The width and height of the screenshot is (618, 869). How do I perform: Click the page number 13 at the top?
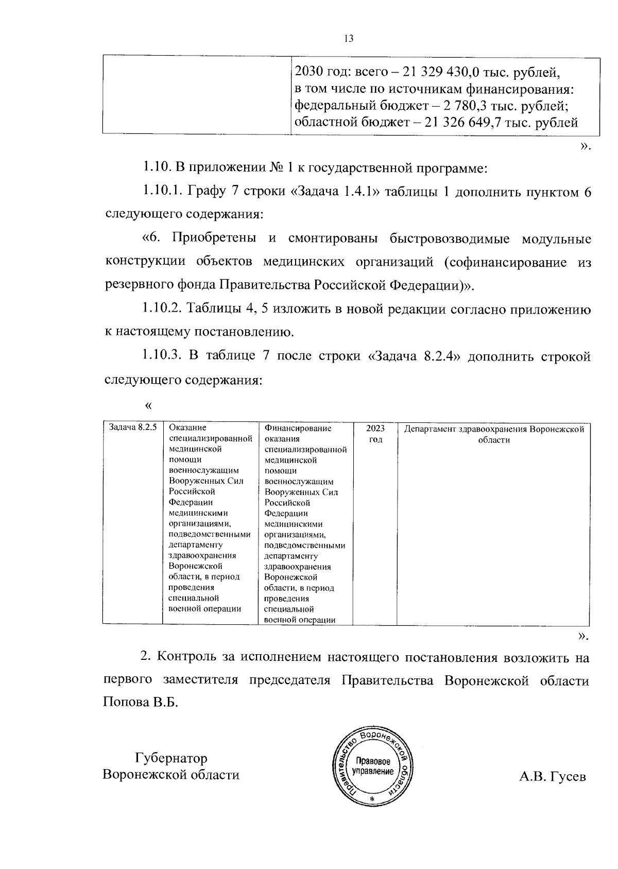[348, 39]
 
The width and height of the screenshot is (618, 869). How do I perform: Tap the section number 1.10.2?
[162, 309]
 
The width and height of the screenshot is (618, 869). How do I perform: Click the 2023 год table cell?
[375, 434]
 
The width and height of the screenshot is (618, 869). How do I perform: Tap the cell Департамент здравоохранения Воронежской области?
[493, 434]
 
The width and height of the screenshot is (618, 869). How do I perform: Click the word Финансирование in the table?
[298, 428]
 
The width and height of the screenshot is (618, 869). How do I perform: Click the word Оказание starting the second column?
[187, 428]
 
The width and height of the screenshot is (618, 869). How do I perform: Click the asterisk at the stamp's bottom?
[371, 798]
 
